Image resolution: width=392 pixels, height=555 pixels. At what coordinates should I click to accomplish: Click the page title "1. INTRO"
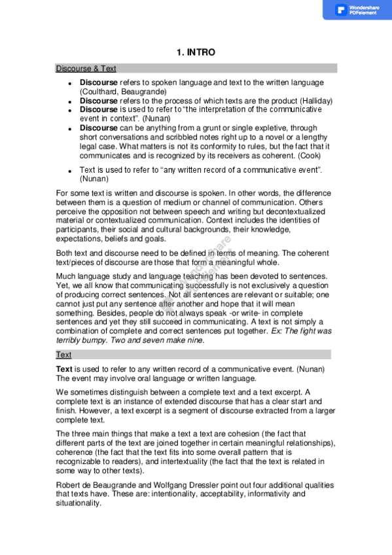point(196,52)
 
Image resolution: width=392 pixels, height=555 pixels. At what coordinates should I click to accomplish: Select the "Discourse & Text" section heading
point(86,68)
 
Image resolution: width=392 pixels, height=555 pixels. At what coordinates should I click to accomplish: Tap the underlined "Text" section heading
point(63,354)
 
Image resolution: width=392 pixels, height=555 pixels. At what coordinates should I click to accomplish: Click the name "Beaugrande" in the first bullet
point(141,92)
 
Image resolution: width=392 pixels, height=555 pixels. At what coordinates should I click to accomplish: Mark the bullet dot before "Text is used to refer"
point(69,170)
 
